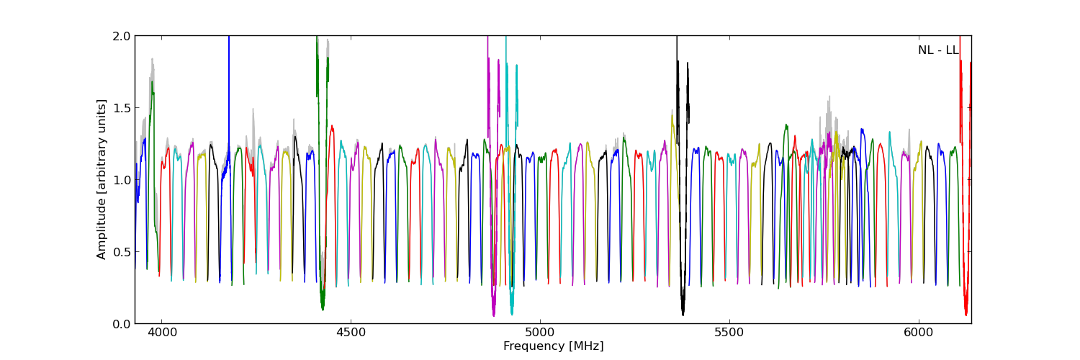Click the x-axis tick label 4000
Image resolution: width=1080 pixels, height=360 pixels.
[x=161, y=333]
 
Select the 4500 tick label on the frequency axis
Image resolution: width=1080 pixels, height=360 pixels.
[x=351, y=333]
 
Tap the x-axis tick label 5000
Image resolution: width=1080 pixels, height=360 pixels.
[x=540, y=333]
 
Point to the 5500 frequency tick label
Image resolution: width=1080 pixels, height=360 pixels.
[x=729, y=333]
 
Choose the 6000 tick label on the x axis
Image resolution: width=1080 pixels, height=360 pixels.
[x=919, y=333]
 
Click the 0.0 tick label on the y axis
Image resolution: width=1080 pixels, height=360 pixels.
[x=122, y=324]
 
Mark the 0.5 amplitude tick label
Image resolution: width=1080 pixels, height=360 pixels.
[x=122, y=252]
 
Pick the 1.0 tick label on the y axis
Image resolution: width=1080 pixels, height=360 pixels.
[x=122, y=180]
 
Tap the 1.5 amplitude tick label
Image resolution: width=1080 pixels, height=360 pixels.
[x=122, y=108]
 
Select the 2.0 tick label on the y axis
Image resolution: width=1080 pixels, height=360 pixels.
[x=122, y=36]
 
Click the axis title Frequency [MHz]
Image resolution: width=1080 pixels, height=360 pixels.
[x=553, y=346]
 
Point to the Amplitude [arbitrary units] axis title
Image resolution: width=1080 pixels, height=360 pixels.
[x=102, y=179]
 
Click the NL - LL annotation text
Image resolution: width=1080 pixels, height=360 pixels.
[x=937, y=50]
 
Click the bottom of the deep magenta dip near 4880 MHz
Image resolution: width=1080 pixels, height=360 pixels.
[x=493, y=314]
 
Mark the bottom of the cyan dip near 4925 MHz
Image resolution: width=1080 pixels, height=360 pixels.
[x=512, y=313]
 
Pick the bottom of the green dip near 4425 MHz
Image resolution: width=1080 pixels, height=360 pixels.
[x=323, y=309]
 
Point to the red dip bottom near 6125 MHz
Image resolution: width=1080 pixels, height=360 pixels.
[x=966, y=314]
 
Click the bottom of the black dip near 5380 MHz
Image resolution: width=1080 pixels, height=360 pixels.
[x=683, y=313]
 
